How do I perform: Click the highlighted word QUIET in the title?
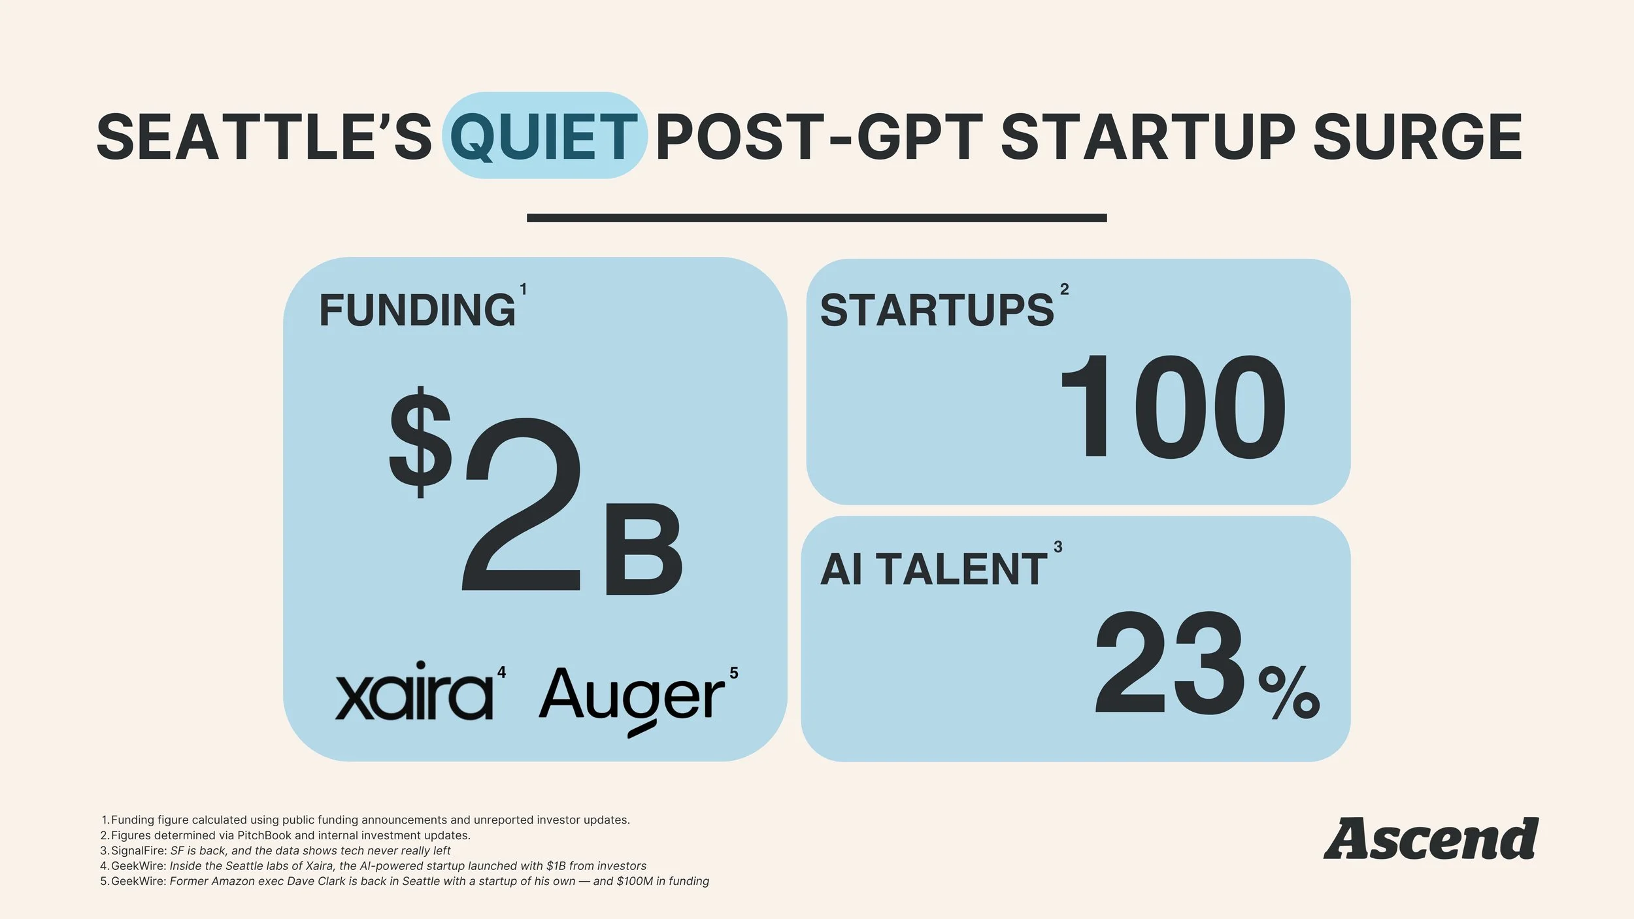click(544, 137)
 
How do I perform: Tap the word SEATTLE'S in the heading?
click(264, 137)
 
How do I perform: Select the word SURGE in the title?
click(1417, 137)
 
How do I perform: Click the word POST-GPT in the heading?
click(820, 137)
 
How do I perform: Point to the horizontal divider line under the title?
click(816, 218)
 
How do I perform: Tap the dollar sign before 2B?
click(420, 443)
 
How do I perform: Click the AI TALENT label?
click(934, 569)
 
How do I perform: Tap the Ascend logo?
click(1431, 839)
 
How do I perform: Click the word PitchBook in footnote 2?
click(264, 835)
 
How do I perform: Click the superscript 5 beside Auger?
click(733, 673)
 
